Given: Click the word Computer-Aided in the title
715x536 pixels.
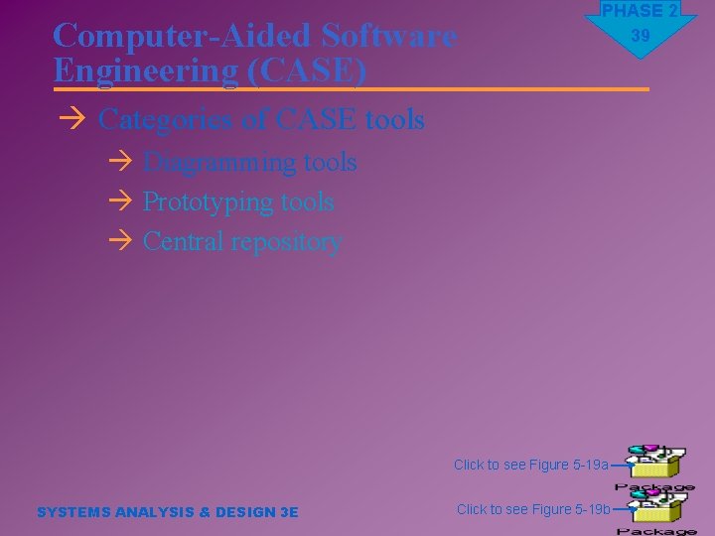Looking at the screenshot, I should [182, 37].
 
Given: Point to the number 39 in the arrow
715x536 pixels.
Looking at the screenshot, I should [640, 36].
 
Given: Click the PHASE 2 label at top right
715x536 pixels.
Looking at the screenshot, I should [640, 11].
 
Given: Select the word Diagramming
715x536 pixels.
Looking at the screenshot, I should [207, 162].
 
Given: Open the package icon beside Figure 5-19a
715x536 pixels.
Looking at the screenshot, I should [654, 465].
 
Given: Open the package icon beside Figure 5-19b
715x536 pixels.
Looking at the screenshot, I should [654, 509].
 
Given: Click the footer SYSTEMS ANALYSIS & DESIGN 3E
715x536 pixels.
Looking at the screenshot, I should [167, 512].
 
